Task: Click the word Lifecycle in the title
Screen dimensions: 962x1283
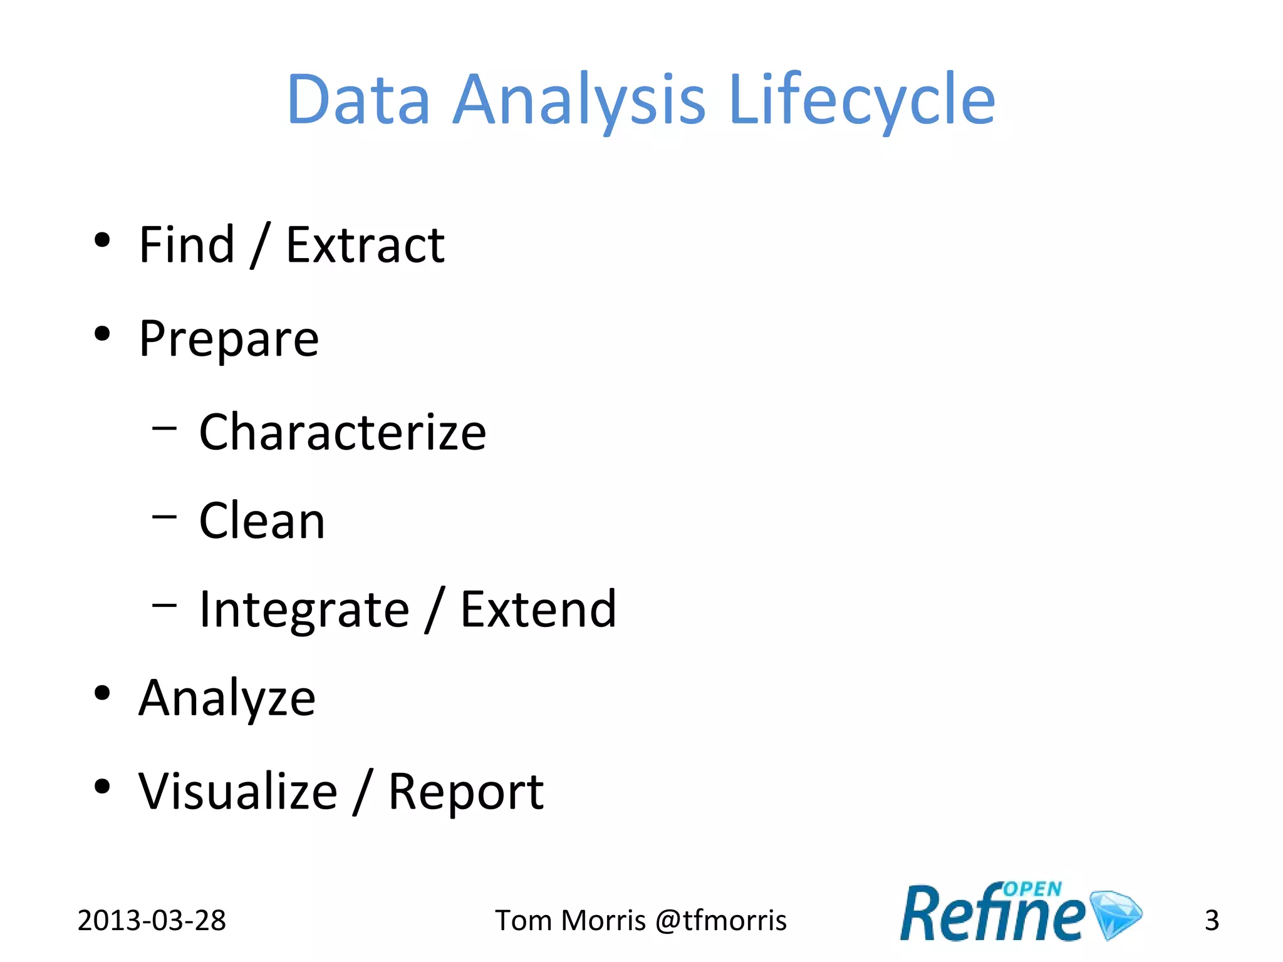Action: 862,100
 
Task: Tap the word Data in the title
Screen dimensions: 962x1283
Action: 358,100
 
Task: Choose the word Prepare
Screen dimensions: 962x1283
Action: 229,339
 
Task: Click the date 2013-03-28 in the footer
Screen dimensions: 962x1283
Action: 152,920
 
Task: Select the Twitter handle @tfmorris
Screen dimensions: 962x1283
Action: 720,920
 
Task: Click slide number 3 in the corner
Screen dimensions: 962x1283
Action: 1212,920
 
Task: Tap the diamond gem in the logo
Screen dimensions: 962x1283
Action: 1116,914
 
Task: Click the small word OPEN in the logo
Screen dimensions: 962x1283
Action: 1032,889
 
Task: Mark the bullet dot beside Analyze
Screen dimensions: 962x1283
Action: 102,693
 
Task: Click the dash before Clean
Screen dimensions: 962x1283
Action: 165,517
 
